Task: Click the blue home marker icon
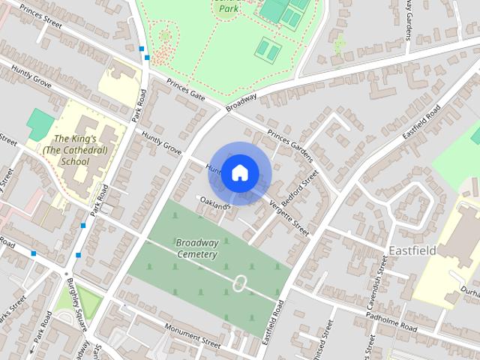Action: pos(239,173)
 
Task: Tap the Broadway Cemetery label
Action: pos(197,248)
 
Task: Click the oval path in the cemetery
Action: pos(240,283)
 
